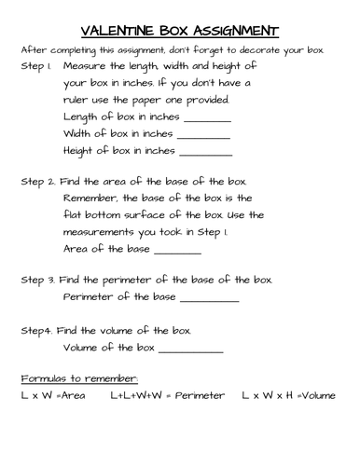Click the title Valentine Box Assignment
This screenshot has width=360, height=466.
click(x=180, y=30)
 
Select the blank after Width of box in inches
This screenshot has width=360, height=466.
click(x=205, y=135)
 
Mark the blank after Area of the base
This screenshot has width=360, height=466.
click(x=176, y=251)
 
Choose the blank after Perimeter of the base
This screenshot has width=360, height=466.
click(x=209, y=299)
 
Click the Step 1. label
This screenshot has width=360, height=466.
click(x=36, y=68)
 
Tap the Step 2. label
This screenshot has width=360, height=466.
click(x=37, y=183)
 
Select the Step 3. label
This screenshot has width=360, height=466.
click(x=37, y=280)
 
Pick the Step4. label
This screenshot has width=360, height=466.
click(x=36, y=330)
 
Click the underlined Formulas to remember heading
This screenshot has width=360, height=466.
click(x=79, y=378)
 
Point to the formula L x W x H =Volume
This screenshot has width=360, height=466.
click(x=288, y=396)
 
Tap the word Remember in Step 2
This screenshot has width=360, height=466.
click(x=92, y=199)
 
